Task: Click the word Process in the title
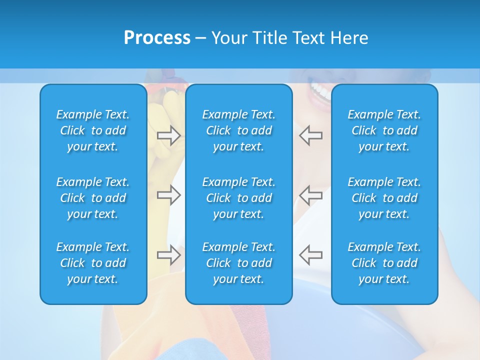(x=157, y=38)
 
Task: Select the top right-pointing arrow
(x=169, y=135)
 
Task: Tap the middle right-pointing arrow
(x=169, y=195)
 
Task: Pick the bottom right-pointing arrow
(x=169, y=254)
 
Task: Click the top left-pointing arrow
(x=310, y=135)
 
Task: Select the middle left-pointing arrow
(x=310, y=195)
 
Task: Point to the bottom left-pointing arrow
(x=310, y=254)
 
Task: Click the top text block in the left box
(x=93, y=130)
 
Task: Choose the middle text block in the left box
(x=93, y=198)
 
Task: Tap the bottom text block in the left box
(x=93, y=263)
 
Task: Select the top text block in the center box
(x=239, y=130)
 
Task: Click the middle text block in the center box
(x=239, y=198)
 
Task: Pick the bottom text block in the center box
(x=239, y=263)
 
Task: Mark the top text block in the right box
(x=384, y=130)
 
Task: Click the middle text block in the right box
(x=384, y=198)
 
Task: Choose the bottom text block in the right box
(x=384, y=263)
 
